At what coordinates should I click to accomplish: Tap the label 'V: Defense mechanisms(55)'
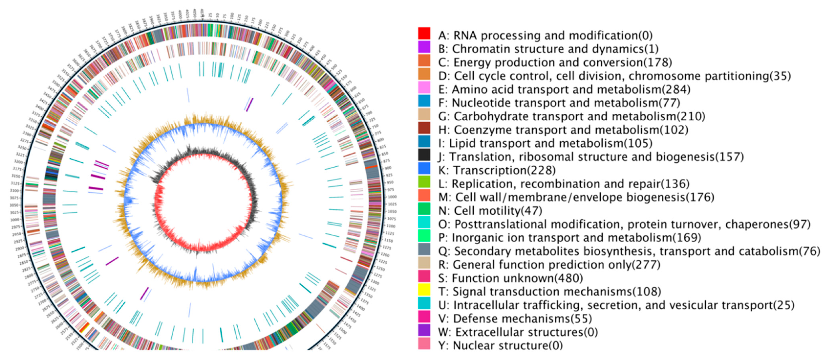pyautogui.click(x=515, y=319)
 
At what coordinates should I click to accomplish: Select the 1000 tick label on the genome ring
pyautogui.click(x=392, y=197)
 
